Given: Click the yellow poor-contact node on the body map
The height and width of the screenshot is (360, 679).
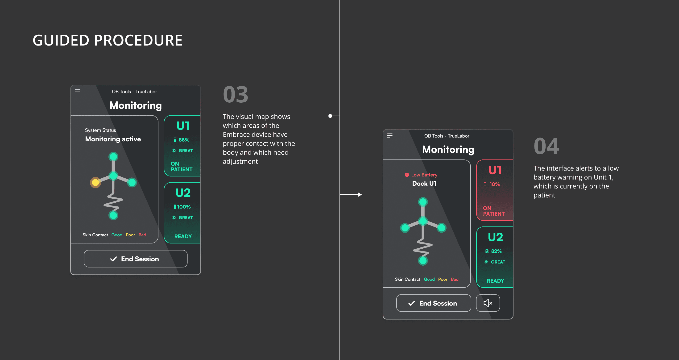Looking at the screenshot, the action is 95,182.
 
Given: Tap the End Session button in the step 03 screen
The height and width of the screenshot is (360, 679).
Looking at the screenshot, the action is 136,259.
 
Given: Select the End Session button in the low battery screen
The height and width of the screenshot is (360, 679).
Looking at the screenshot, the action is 434,303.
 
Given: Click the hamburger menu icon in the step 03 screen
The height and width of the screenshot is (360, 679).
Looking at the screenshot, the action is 78,91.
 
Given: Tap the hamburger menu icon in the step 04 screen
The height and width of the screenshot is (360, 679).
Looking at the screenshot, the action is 390,135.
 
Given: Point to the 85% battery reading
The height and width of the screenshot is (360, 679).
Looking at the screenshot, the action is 184,140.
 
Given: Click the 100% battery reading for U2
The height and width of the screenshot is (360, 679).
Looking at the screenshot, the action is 184,207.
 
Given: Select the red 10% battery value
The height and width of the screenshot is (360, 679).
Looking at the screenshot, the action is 494,184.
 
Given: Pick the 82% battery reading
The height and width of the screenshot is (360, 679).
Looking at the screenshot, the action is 496,251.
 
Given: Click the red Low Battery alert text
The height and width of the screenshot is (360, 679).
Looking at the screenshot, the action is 424,175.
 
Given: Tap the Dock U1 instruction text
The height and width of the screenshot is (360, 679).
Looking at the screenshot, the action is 424,184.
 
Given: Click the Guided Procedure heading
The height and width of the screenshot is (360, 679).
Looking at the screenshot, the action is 108,40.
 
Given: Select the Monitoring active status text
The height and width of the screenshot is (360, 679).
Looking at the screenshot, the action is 113,139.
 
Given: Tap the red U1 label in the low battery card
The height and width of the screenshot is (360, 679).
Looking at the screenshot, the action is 495,170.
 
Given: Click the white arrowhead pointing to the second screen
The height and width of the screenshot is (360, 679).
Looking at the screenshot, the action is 360,195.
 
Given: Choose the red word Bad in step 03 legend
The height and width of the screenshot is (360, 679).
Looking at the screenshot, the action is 142,235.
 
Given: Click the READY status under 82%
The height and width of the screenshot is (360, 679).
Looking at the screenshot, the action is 495,280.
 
